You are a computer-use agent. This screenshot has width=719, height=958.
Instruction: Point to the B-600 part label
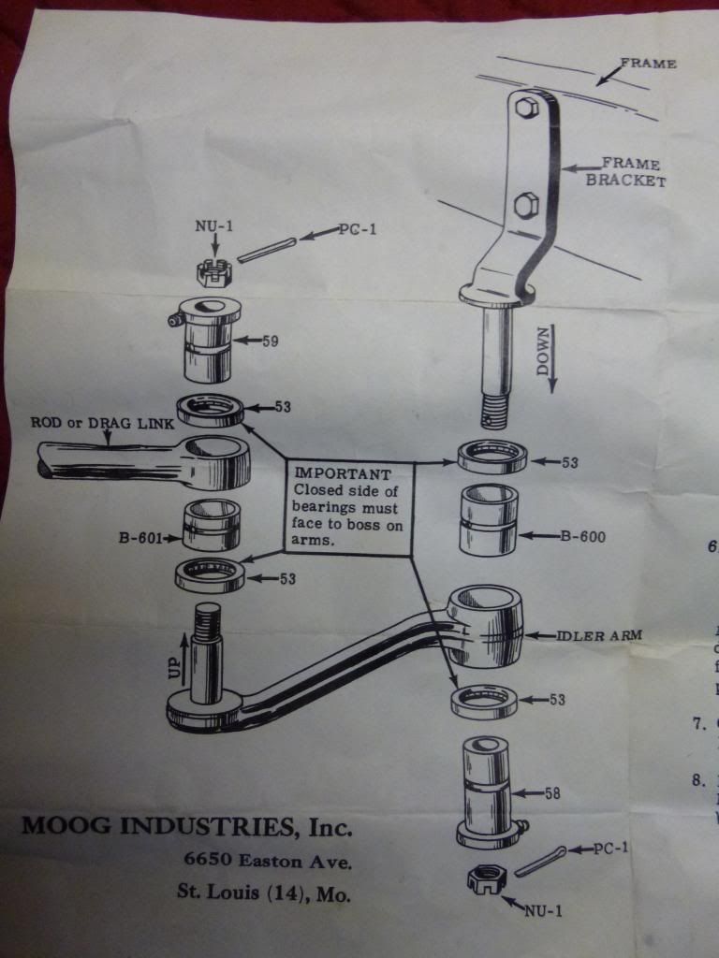(584, 537)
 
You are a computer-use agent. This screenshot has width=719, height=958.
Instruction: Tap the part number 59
(271, 341)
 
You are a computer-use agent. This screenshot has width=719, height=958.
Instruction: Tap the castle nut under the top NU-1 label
(213, 272)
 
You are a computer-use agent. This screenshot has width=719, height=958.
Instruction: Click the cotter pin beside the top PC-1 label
(268, 249)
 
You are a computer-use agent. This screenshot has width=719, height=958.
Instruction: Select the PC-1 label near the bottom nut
(615, 849)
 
